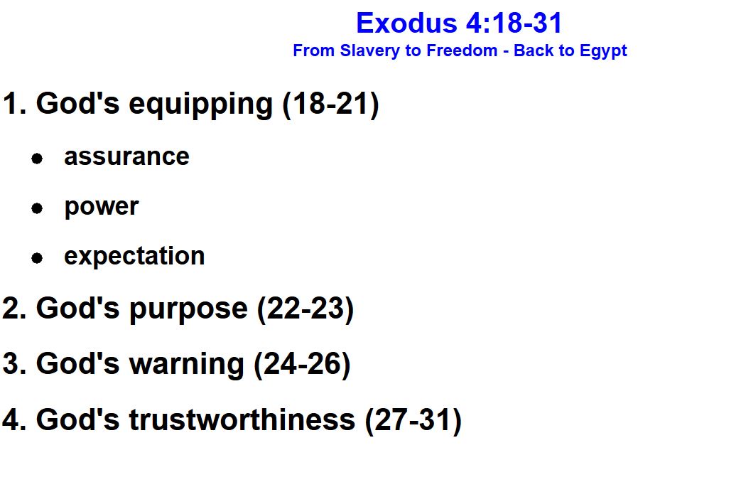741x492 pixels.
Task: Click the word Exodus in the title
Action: tap(406, 23)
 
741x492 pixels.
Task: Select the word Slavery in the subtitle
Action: tap(372, 50)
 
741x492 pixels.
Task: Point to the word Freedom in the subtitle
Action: tap(462, 50)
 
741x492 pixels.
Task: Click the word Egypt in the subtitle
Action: tap(603, 51)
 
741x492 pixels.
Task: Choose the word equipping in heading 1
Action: tap(201, 105)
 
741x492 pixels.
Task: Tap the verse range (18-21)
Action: tap(331, 104)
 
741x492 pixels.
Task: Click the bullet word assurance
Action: tap(126, 157)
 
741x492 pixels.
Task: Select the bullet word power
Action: tap(101, 207)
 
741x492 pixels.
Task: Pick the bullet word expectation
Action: tap(134, 257)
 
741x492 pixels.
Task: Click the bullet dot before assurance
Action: tap(37, 158)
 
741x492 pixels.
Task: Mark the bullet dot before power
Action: tap(37, 208)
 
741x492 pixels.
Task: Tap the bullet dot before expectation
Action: tap(37, 257)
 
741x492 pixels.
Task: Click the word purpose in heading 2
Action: tap(188, 310)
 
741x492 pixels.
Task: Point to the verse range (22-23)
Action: tap(305, 309)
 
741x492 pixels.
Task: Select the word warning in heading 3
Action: tap(187, 364)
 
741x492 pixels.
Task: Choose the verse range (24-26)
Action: tap(302, 364)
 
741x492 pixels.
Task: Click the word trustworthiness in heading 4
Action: tap(242, 419)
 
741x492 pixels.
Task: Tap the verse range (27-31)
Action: tap(413, 420)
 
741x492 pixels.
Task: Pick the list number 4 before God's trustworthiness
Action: tap(11, 420)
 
